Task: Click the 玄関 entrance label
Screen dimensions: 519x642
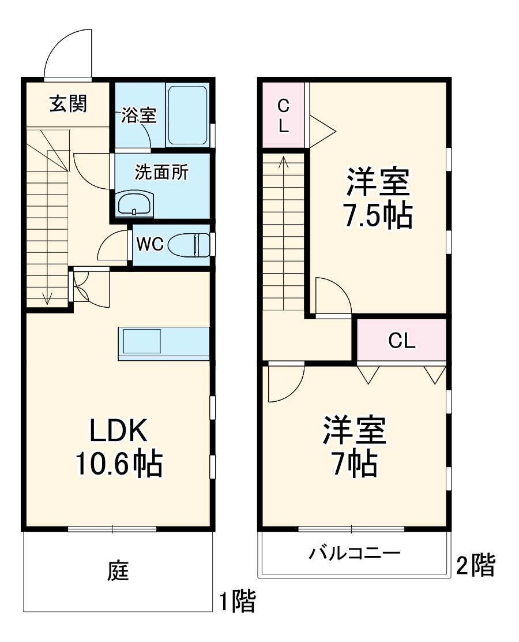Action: coord(67,104)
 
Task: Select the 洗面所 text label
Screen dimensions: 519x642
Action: coord(162,172)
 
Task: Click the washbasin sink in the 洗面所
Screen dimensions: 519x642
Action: coord(135,204)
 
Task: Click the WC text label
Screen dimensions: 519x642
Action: coord(150,244)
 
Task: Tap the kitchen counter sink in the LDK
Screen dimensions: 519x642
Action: coord(142,341)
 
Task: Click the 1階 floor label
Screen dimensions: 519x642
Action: coord(236,602)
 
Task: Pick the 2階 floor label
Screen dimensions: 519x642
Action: coord(475,565)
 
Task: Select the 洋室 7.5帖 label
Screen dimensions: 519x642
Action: coord(378,199)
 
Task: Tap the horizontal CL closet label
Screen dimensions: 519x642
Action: coord(401,341)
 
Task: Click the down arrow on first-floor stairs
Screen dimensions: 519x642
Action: coord(47,298)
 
